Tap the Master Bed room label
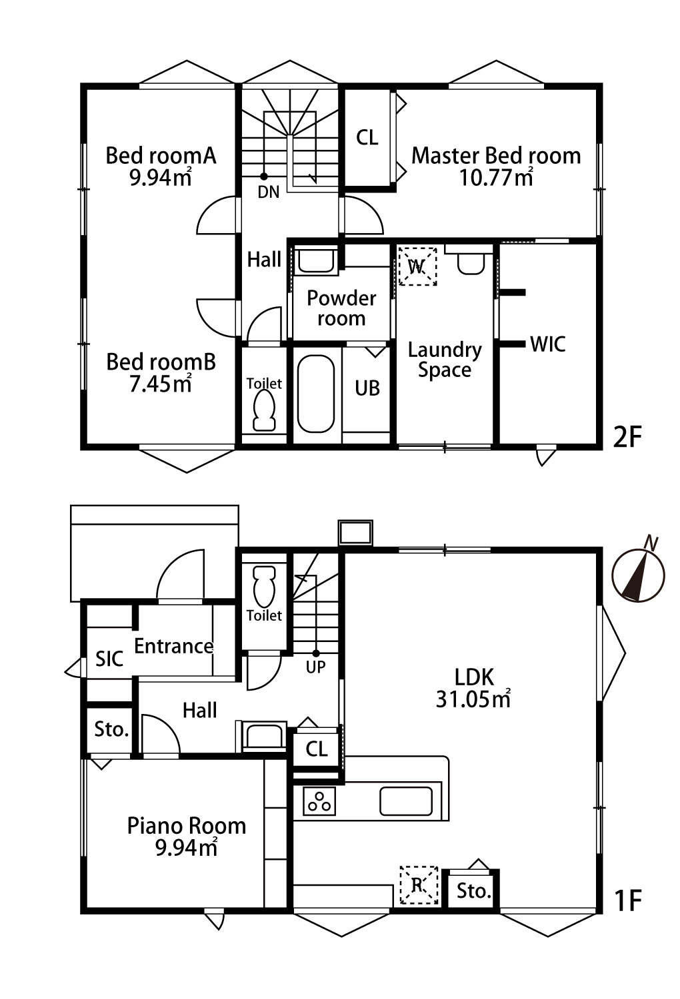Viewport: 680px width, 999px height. (x=496, y=156)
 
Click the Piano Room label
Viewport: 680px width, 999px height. (x=187, y=826)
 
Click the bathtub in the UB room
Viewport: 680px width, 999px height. (x=315, y=394)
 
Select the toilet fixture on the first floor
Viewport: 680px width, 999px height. (x=264, y=585)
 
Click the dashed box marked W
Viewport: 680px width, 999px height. (x=417, y=266)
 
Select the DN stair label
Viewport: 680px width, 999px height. (x=269, y=192)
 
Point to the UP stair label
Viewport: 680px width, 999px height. (x=315, y=667)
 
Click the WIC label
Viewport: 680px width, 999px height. (x=548, y=344)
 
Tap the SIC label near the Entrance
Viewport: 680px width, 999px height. (x=109, y=659)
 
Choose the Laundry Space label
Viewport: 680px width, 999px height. (x=445, y=360)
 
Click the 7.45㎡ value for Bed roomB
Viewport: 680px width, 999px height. (x=161, y=384)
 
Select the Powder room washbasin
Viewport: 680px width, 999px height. (x=316, y=261)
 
